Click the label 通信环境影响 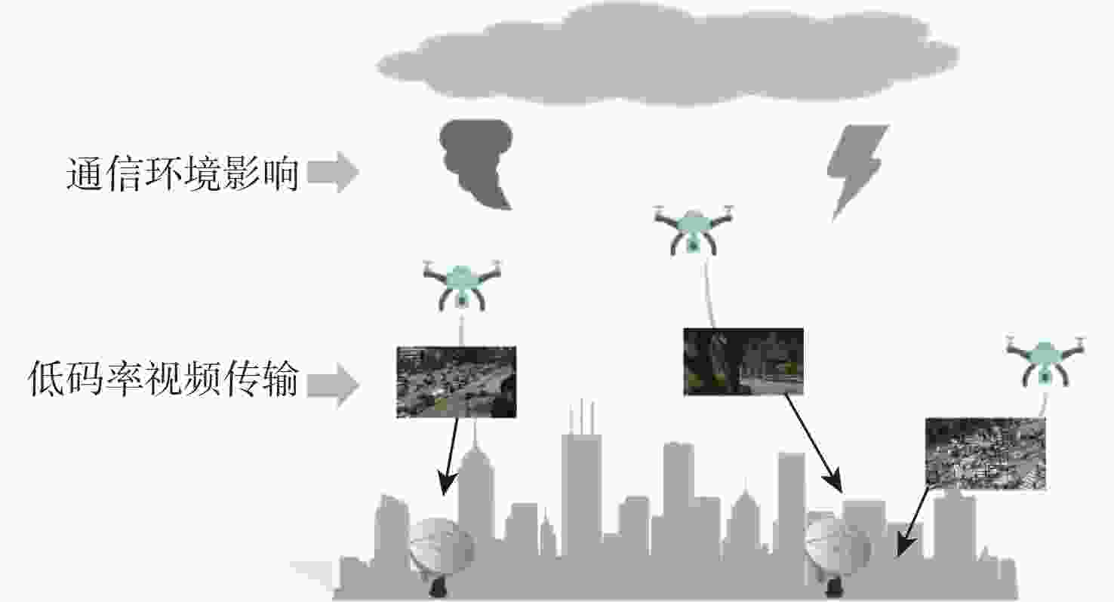click(x=183, y=173)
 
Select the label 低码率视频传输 click(x=164, y=379)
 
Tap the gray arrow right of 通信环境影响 click(x=333, y=172)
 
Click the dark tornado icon click(x=476, y=163)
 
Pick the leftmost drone click(x=462, y=285)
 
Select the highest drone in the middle click(x=694, y=231)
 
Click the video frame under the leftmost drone click(x=456, y=382)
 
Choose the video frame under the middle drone click(x=743, y=361)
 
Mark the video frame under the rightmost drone click(x=985, y=453)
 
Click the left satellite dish click(x=440, y=551)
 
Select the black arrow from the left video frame click(x=450, y=456)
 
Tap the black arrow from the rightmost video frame click(x=912, y=522)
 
